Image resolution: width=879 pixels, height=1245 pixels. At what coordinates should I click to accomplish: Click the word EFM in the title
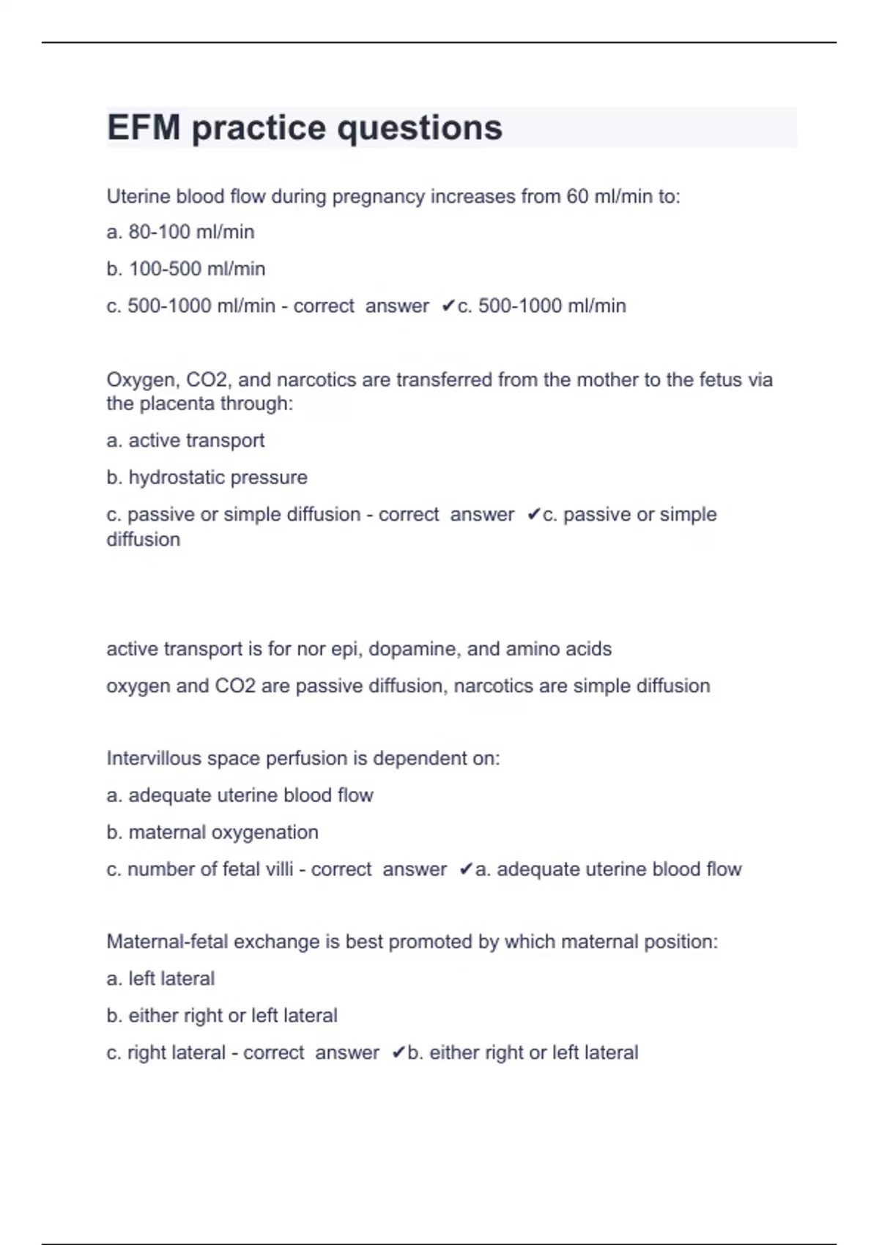tap(144, 127)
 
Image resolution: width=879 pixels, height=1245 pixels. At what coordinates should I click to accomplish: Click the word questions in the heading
tap(420, 129)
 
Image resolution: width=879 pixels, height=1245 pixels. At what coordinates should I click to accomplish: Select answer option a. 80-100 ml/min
tap(180, 232)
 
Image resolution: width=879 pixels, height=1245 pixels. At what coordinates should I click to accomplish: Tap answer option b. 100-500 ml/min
tap(185, 269)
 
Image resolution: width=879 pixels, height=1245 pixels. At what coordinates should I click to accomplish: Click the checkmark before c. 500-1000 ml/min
tap(448, 305)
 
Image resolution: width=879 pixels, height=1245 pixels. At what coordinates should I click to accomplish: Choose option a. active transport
tap(185, 440)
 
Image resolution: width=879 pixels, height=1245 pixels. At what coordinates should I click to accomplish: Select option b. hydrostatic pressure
tap(207, 477)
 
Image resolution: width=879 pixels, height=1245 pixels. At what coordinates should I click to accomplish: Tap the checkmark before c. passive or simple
tap(533, 514)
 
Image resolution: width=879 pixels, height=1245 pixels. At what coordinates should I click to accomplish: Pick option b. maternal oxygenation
tap(212, 833)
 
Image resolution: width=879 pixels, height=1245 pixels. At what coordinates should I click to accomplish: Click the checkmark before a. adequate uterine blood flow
tap(466, 869)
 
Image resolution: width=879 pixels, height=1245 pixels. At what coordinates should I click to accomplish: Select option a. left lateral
tap(160, 978)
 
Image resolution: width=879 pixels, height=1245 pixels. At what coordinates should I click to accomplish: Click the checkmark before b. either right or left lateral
tap(398, 1052)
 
